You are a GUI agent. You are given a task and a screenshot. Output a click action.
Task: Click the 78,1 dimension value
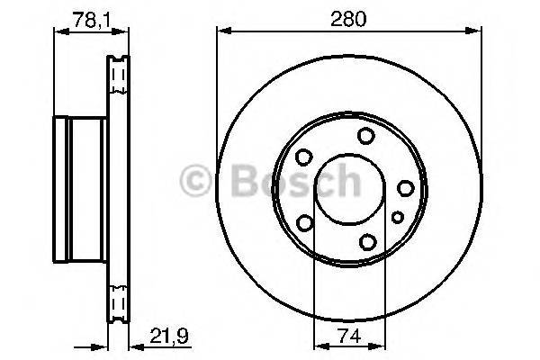click(x=85, y=17)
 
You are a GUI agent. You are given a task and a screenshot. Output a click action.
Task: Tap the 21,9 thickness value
click(x=158, y=341)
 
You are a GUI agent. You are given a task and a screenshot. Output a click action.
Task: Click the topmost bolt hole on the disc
click(x=365, y=136)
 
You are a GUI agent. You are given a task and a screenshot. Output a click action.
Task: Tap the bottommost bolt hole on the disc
click(x=365, y=241)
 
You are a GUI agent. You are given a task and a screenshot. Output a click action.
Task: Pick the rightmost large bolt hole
click(x=405, y=188)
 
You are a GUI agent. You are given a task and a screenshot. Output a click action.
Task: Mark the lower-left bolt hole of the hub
click(x=305, y=222)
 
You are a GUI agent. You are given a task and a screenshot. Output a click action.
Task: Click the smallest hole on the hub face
click(x=397, y=216)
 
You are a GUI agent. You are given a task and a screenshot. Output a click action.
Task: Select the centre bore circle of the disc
click(x=341, y=188)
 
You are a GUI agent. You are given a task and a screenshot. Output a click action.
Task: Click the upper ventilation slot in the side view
click(x=117, y=77)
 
